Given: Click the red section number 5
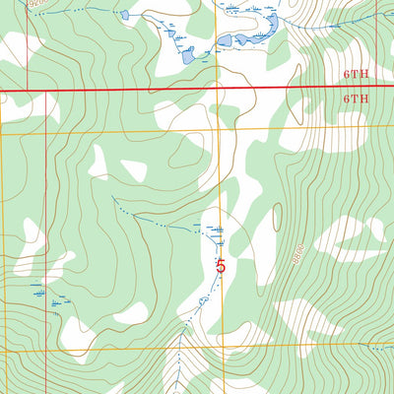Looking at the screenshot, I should click(x=221, y=265).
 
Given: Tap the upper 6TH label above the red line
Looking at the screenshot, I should click(x=356, y=75).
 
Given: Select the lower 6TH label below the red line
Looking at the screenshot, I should click(x=356, y=99).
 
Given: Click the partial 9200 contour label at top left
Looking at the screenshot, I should click(x=36, y=5).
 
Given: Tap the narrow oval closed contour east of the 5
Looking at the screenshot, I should click(x=277, y=218).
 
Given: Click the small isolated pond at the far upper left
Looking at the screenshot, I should click(x=123, y=15).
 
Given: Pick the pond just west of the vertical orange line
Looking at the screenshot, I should click(x=188, y=55).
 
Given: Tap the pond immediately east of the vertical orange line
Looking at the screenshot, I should click(x=225, y=41).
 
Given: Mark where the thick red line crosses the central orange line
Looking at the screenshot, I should click(x=218, y=89).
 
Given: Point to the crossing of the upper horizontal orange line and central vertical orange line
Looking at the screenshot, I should click(x=218, y=129).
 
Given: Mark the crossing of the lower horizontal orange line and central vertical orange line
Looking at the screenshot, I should click(x=218, y=346).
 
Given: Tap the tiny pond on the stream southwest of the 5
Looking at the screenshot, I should click(x=203, y=297).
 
